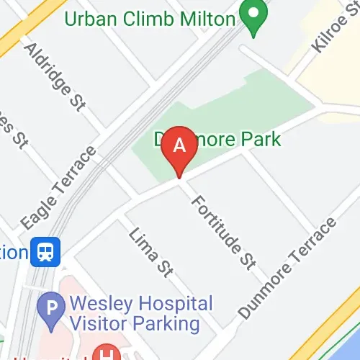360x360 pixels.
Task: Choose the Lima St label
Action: (x=151, y=251)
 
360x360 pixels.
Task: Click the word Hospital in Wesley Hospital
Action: (x=176, y=304)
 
